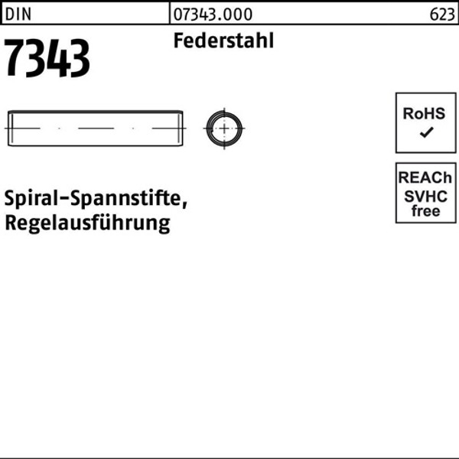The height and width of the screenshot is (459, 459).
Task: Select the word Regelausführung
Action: [x=88, y=224]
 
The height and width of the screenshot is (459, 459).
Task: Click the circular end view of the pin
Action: [x=224, y=128]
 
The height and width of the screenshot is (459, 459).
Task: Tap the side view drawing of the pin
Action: [x=96, y=128]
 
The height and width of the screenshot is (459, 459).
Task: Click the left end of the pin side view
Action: [x=10, y=128]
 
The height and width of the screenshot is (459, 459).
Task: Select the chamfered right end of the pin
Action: [x=181, y=128]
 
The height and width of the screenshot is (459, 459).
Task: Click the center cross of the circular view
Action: [x=224, y=128]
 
